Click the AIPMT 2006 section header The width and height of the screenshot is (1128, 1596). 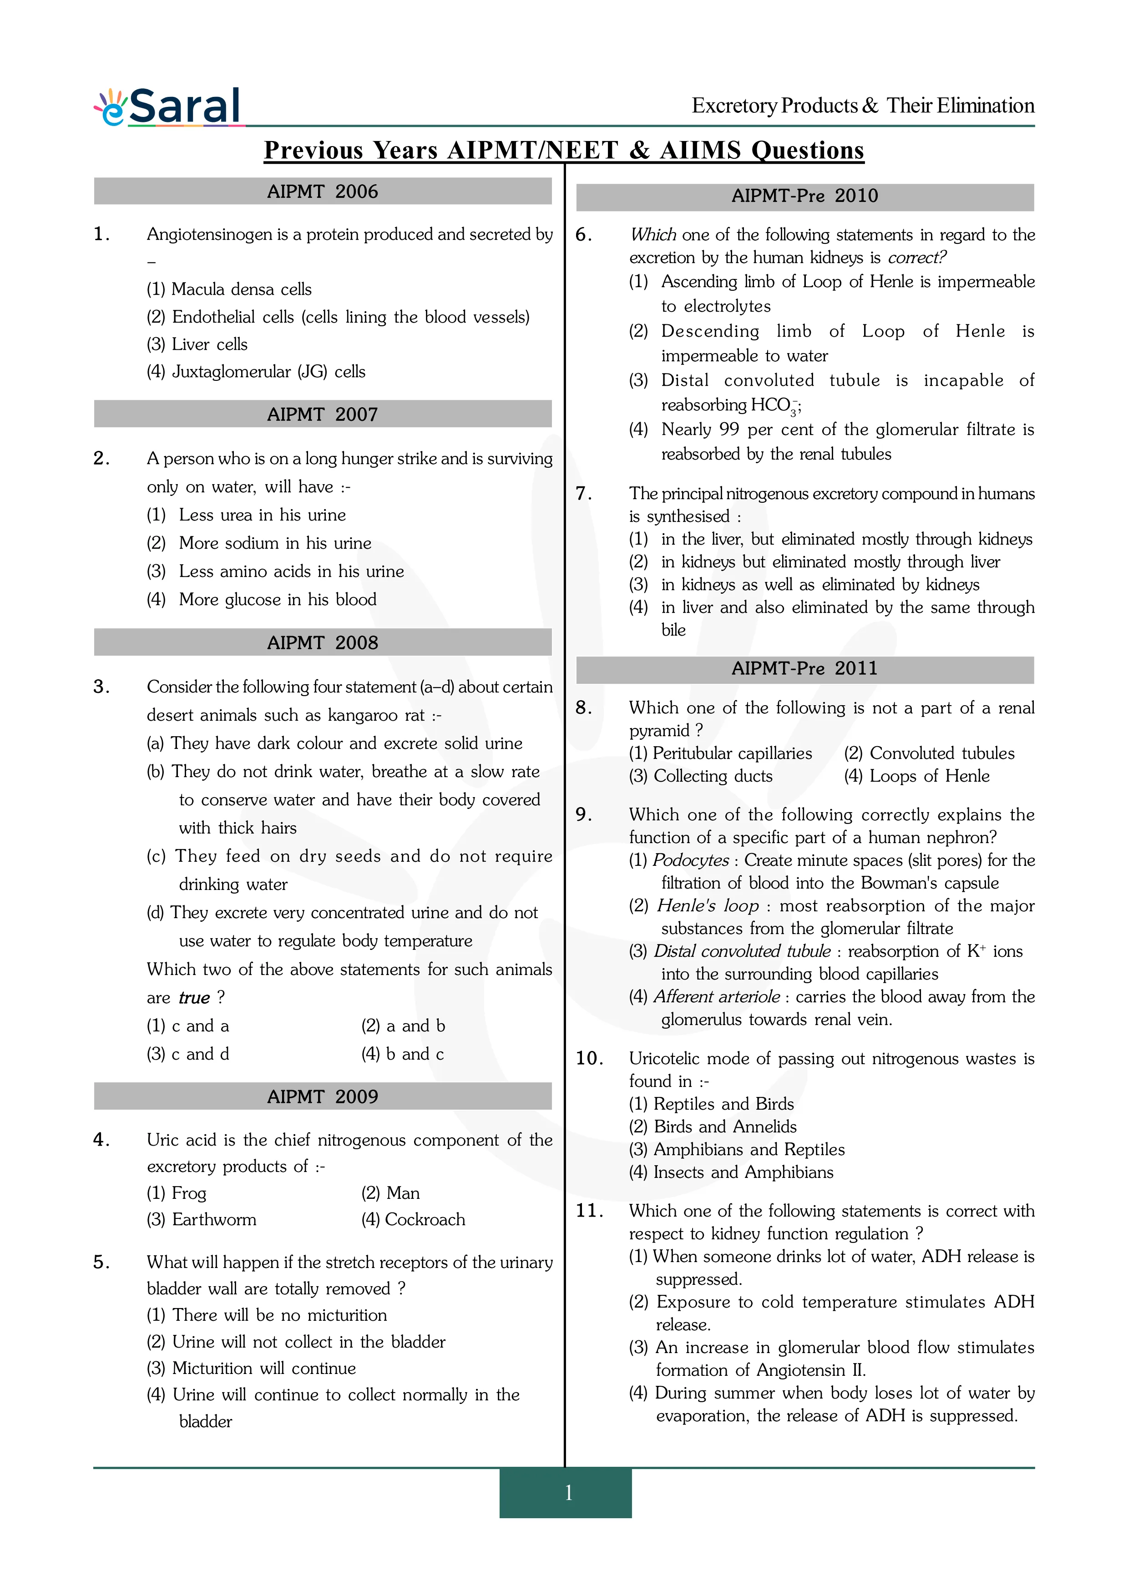323,192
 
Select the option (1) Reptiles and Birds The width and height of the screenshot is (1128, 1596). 711,1104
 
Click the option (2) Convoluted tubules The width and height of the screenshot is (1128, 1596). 929,753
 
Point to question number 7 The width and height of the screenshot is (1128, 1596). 583,494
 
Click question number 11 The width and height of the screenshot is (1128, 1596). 589,1211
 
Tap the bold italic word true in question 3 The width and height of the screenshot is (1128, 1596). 194,998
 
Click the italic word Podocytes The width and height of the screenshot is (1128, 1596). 690,861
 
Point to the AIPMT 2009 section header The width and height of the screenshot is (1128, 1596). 323,1097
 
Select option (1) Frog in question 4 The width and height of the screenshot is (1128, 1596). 177,1193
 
